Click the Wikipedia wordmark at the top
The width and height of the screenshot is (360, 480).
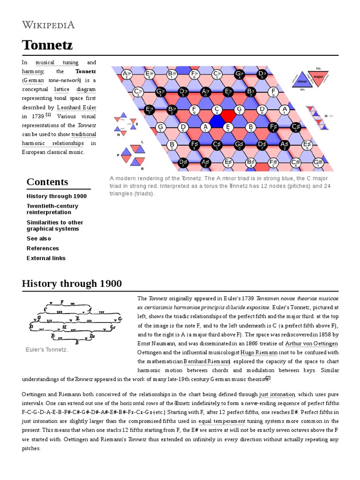(48, 24)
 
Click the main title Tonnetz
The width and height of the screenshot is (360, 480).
(47, 45)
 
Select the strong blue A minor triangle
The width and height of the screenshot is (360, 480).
(217, 121)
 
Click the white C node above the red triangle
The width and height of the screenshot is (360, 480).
(217, 110)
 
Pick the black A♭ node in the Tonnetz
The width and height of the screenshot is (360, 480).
(205, 91)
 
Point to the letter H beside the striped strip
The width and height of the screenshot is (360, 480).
(326, 115)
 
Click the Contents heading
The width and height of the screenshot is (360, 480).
(47, 182)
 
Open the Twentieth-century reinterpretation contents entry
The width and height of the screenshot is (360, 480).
(52, 209)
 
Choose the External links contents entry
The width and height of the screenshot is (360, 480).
(46, 258)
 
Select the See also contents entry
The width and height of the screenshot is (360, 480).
(39, 239)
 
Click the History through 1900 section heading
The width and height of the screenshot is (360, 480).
(72, 284)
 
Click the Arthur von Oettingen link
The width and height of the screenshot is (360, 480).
(311, 343)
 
